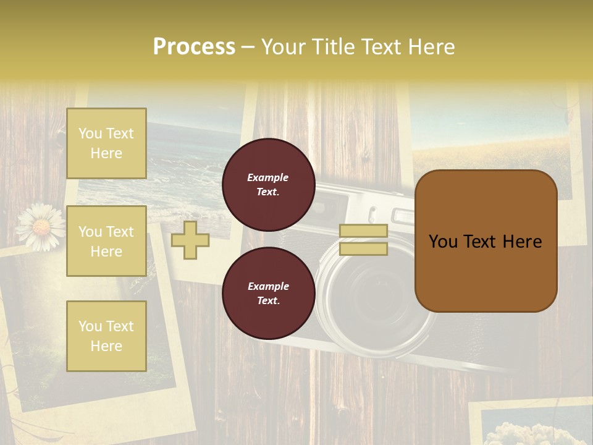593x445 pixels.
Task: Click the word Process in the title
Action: (194, 47)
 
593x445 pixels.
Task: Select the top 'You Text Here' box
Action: (106, 143)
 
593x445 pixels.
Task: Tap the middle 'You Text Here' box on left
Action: (106, 241)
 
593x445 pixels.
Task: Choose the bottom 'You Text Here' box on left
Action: (106, 336)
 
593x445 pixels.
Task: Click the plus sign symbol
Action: (190, 240)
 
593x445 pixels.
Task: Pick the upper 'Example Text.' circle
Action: (268, 185)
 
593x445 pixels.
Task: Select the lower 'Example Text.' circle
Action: (268, 294)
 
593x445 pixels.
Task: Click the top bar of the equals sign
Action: (363, 231)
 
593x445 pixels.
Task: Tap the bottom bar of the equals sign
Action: (363, 249)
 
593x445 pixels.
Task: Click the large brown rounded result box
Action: (486, 241)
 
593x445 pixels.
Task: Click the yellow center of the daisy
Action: (41, 228)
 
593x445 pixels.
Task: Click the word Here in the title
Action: (432, 47)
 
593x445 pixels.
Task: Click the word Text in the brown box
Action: (485, 242)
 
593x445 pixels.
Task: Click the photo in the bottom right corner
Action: (531, 426)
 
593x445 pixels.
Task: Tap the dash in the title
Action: (248, 47)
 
